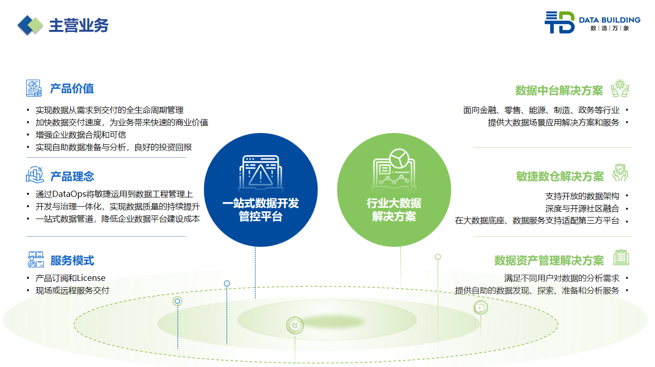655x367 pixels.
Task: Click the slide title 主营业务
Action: coord(78,25)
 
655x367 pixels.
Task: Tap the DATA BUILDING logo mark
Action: coord(559,22)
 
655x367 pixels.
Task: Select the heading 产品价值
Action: coord(72,89)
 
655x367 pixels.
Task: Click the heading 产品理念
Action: coord(72,177)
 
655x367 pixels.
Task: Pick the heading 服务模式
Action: coord(72,261)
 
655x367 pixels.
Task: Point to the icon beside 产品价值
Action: coord(34,88)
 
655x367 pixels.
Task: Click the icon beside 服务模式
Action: coord(35,259)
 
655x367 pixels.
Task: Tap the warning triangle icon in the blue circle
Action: coord(261,174)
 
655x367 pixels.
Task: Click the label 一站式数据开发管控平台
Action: coord(261,210)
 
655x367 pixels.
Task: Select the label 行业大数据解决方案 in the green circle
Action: coord(394,210)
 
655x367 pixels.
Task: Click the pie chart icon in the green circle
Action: coord(398,158)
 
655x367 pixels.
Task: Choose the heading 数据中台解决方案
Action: coord(559,91)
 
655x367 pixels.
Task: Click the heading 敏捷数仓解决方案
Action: coord(560,177)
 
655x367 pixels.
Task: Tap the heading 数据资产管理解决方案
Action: coord(549,260)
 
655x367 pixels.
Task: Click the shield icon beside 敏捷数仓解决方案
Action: coord(620,173)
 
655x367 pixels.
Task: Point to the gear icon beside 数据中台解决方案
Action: coord(620,89)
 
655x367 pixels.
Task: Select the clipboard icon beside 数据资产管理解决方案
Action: coord(621,257)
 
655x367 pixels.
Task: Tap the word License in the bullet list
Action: coord(91,278)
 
